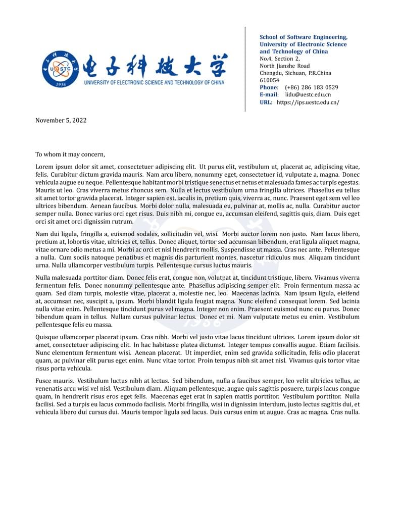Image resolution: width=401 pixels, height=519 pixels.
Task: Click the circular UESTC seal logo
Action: (61, 69)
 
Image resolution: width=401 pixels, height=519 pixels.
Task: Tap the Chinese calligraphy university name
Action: (155, 65)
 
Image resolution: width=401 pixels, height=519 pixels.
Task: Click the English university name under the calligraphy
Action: (154, 82)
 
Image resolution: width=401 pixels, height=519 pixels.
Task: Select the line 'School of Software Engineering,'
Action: (303, 37)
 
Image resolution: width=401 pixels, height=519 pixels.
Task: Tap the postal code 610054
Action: (269, 80)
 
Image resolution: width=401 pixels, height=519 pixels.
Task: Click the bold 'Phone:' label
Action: (269, 87)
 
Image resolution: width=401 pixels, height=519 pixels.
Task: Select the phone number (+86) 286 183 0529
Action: (311, 87)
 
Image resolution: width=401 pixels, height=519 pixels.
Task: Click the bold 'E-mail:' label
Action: (269, 94)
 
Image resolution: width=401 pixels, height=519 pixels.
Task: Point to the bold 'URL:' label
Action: (266, 102)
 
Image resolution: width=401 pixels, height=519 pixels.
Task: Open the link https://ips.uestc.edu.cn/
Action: (308, 102)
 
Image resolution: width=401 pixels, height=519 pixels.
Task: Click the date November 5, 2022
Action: (61, 120)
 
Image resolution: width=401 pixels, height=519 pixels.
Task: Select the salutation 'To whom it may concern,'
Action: (70, 154)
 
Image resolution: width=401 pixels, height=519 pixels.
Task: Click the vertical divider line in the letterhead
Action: (245, 69)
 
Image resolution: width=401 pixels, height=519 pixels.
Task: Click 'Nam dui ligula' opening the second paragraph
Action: (56, 234)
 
